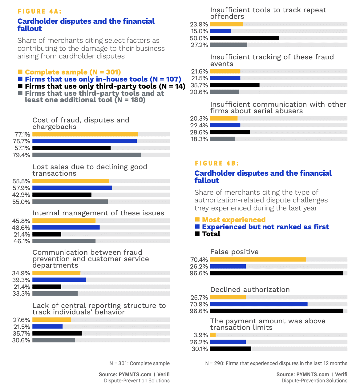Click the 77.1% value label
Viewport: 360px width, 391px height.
coord(22,134)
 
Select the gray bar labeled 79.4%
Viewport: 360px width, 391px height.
coord(87,155)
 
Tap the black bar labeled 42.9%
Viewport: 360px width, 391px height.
coord(62,195)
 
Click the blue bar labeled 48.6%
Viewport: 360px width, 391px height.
coord(66,228)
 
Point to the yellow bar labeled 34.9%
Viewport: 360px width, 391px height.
coord(56,273)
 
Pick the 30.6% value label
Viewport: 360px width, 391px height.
coord(21,340)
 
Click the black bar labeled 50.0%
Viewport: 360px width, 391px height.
coord(245,38)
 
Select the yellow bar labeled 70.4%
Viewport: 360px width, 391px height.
coord(258,260)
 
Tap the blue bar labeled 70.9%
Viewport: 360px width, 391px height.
coord(259,304)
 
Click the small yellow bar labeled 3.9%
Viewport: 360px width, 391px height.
coord(213,335)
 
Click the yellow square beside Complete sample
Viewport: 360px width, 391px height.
coord(20,72)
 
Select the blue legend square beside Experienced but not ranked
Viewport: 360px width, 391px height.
coord(197,227)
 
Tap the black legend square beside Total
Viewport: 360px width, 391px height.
coord(197,234)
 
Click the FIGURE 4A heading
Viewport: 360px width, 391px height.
coord(40,11)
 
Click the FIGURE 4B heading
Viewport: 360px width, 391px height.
coord(217,163)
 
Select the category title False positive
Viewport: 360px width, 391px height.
coord(234,252)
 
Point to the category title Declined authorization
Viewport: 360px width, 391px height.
coord(250,289)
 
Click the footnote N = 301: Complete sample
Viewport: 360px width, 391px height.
coord(140,363)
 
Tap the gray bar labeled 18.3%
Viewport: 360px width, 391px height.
coord(222,139)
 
